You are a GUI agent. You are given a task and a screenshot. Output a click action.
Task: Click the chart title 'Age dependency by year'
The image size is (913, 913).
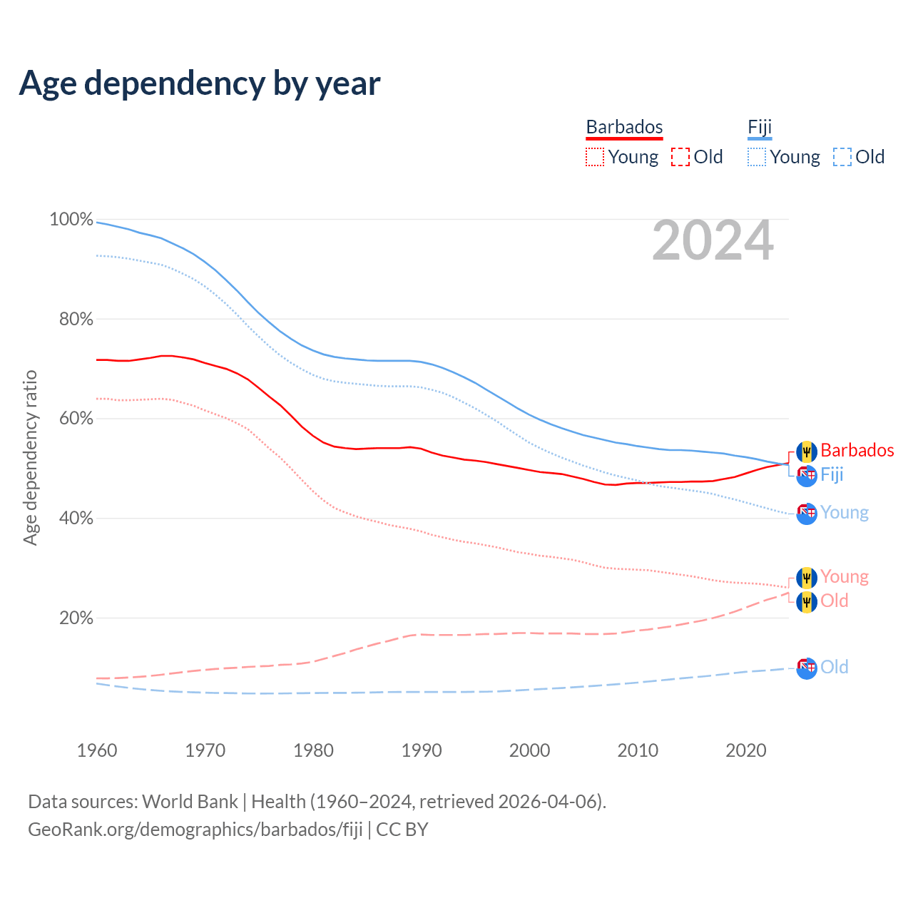(x=200, y=83)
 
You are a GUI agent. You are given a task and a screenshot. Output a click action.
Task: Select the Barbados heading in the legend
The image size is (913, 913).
(x=624, y=127)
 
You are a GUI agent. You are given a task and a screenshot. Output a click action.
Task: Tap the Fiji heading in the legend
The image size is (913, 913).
(x=760, y=127)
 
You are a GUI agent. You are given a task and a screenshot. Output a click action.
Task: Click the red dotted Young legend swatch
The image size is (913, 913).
(x=594, y=157)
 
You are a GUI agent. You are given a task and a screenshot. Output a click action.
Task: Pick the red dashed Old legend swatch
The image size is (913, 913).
(x=680, y=157)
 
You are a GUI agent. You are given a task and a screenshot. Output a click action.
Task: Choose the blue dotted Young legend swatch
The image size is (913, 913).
(x=757, y=157)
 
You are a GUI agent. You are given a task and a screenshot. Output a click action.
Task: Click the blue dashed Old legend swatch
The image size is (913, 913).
(x=842, y=157)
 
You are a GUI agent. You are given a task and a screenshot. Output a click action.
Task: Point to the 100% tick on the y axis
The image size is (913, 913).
(x=71, y=220)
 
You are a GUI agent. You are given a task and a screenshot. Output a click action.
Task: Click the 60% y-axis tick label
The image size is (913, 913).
(x=76, y=419)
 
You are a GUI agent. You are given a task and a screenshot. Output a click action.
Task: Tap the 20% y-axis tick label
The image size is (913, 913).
(x=76, y=618)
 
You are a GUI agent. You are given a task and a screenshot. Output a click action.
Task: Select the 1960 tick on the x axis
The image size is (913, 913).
(x=97, y=750)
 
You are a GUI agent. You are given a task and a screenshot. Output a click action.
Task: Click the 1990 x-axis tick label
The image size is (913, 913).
(x=422, y=750)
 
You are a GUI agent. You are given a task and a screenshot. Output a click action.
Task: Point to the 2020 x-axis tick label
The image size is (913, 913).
(x=746, y=750)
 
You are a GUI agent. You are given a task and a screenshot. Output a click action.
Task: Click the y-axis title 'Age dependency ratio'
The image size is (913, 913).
(x=30, y=457)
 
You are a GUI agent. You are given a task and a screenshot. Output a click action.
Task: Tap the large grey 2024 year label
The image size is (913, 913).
(x=713, y=241)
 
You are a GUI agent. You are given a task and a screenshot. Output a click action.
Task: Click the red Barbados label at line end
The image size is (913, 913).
(x=857, y=450)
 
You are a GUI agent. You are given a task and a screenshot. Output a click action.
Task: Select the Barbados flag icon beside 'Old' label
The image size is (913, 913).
(x=807, y=601)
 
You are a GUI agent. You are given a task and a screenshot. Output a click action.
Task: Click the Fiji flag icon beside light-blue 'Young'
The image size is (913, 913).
(x=807, y=513)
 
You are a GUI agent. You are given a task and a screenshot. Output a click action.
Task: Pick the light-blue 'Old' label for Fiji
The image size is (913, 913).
(x=834, y=667)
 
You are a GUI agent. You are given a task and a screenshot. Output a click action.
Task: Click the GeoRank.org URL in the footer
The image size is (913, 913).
(x=195, y=830)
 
